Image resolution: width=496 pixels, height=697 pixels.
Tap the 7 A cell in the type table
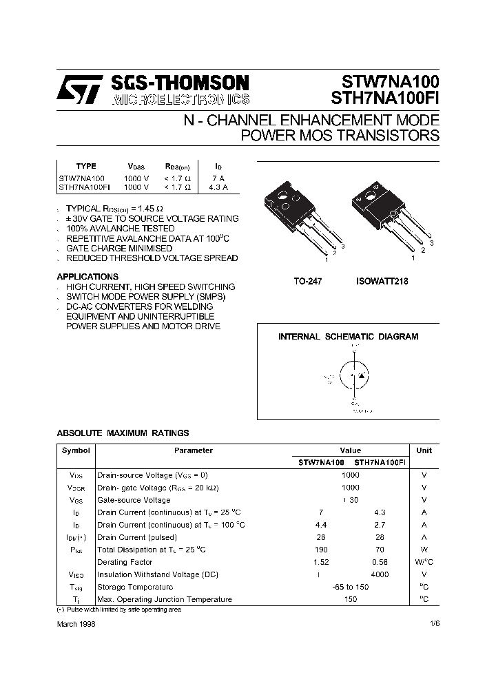click(x=218, y=177)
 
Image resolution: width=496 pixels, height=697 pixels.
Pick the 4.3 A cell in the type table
click(x=218, y=187)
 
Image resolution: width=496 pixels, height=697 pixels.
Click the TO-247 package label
click(x=308, y=281)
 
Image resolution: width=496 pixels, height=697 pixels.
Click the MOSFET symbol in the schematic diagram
click(x=355, y=375)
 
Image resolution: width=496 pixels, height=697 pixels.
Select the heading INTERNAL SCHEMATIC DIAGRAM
click(x=348, y=337)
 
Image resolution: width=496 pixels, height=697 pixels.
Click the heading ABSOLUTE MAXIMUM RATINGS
click(x=123, y=433)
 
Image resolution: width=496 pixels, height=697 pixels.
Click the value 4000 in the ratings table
click(x=380, y=574)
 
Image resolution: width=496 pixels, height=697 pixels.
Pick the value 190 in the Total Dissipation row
click(x=321, y=550)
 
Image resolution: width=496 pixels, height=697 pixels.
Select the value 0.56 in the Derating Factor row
click(x=380, y=562)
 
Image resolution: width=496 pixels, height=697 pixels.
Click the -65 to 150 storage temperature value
click(x=350, y=587)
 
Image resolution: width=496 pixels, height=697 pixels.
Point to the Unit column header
click(x=424, y=450)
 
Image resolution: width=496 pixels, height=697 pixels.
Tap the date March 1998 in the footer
click(x=76, y=623)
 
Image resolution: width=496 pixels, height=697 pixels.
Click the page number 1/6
click(x=433, y=623)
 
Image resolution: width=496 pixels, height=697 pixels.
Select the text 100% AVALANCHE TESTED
click(x=111, y=228)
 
